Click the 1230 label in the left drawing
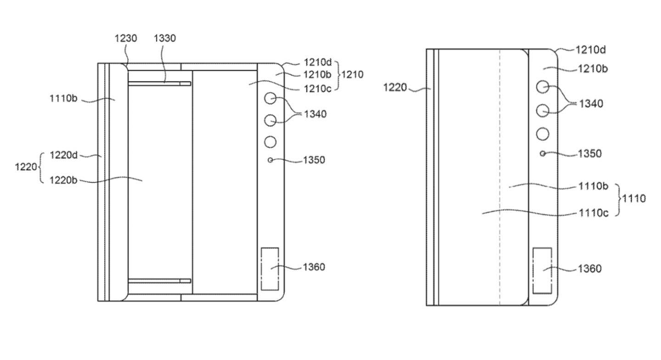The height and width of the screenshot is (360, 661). [x=126, y=39]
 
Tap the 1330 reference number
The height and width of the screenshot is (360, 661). [x=165, y=39]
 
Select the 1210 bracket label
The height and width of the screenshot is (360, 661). [x=353, y=74]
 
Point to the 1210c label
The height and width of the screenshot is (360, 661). [x=318, y=89]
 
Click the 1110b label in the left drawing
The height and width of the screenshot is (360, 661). [x=63, y=98]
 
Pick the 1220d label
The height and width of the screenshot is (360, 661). [x=63, y=155]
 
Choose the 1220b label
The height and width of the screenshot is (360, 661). [x=63, y=180]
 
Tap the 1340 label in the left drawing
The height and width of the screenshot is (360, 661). [x=315, y=114]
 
